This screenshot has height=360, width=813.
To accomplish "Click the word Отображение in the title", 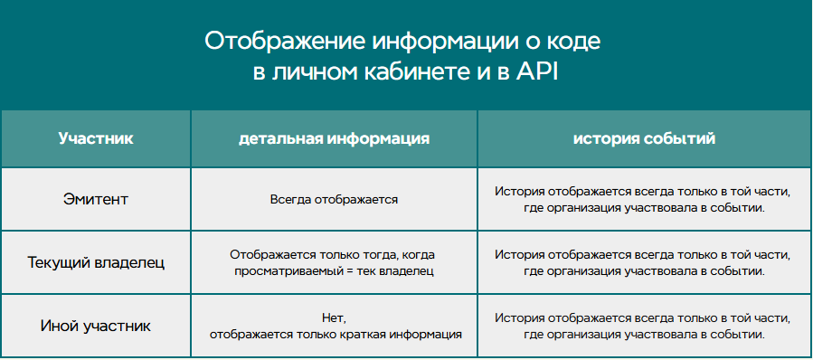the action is pos(284,41).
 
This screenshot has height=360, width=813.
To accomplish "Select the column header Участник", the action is pos(96,139).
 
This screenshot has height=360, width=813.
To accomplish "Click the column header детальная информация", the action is pos(334,139).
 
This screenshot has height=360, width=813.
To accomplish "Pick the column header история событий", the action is pos(645,139).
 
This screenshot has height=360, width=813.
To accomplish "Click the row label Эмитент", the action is pos(96,199).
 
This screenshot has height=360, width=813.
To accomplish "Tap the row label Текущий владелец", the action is pos(96,262).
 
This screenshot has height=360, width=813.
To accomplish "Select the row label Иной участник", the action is pos(96,327).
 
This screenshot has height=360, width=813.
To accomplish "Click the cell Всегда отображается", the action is pos(334,199).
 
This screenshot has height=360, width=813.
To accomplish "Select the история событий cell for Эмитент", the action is pos(643,199).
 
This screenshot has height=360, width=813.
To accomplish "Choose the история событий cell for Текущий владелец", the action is pos(643,262).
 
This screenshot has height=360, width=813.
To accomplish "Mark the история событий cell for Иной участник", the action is pos(643,327).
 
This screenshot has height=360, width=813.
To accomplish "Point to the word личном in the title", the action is pos(308,72).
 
